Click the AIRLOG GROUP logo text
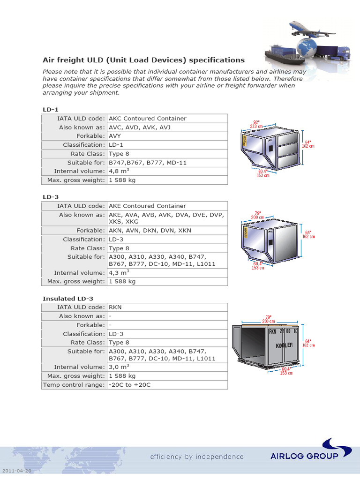pyautogui.click(x=304, y=456)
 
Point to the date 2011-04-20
pyautogui.click(x=16, y=470)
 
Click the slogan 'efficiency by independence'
pyautogui.click(x=197, y=457)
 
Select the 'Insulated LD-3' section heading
pyautogui.click(x=68, y=298)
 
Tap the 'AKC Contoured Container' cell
pyautogui.click(x=147, y=119)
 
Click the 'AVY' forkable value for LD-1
pyautogui.click(x=115, y=136)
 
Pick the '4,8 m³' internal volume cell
pyautogui.click(x=119, y=171)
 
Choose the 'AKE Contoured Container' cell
pyautogui.click(x=147, y=206)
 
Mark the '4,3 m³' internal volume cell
pyautogui.click(x=119, y=272)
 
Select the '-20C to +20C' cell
pyautogui.click(x=130, y=385)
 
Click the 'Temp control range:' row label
pyautogui.click(x=74, y=385)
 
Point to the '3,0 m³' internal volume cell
pyautogui.click(x=119, y=367)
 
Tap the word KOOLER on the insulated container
pyautogui.click(x=284, y=345)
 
